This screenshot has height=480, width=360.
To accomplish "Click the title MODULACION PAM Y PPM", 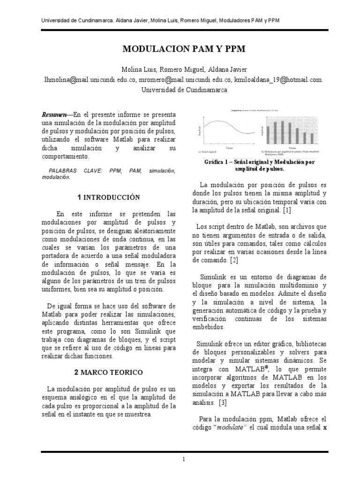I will [184, 49].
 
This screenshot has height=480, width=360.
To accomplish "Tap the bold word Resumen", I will [54, 115].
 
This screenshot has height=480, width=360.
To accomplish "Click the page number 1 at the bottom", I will [184, 459].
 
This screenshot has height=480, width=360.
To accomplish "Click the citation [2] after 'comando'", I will [234, 259].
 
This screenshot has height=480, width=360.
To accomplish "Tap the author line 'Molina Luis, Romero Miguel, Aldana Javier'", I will [184, 70].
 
